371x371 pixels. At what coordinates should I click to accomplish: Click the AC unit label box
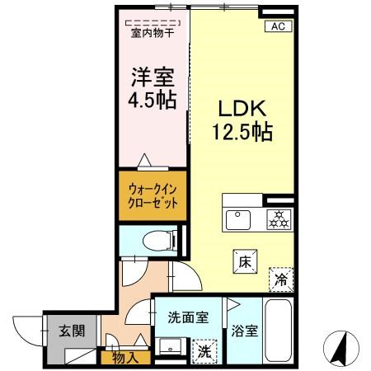tap(278, 26)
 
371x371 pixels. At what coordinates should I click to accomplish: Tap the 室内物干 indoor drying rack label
tap(153, 34)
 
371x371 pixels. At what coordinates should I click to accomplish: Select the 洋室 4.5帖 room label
tap(153, 88)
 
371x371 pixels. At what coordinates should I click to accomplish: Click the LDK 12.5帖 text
tap(242, 120)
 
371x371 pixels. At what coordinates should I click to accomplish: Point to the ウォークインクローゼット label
tap(153, 196)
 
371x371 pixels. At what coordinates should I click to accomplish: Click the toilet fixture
tap(160, 241)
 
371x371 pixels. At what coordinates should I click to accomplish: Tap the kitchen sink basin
tap(238, 220)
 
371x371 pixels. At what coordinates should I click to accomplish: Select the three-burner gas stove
tap(279, 220)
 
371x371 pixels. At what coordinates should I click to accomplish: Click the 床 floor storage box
tap(245, 261)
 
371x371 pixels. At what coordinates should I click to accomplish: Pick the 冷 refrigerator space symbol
tap(281, 279)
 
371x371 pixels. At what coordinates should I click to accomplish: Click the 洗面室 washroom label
tap(188, 317)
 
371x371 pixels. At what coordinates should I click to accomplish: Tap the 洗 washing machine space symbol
tap(204, 352)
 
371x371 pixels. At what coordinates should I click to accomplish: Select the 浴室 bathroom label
tap(244, 331)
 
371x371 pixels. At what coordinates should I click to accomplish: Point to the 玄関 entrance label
tap(72, 331)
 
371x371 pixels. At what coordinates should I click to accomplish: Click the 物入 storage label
tap(125, 358)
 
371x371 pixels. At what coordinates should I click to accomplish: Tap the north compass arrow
tap(340, 349)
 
